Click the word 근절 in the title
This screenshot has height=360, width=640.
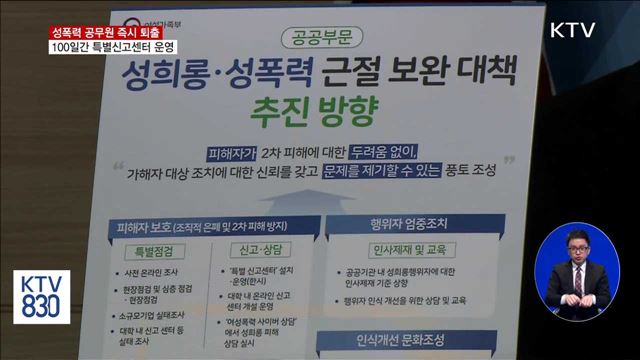point(353,74)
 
